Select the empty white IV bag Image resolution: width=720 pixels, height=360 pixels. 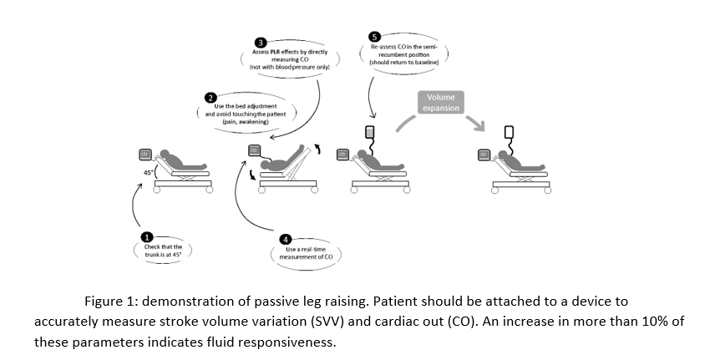click(x=508, y=132)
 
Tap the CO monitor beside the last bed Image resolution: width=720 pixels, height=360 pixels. click(x=482, y=155)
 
